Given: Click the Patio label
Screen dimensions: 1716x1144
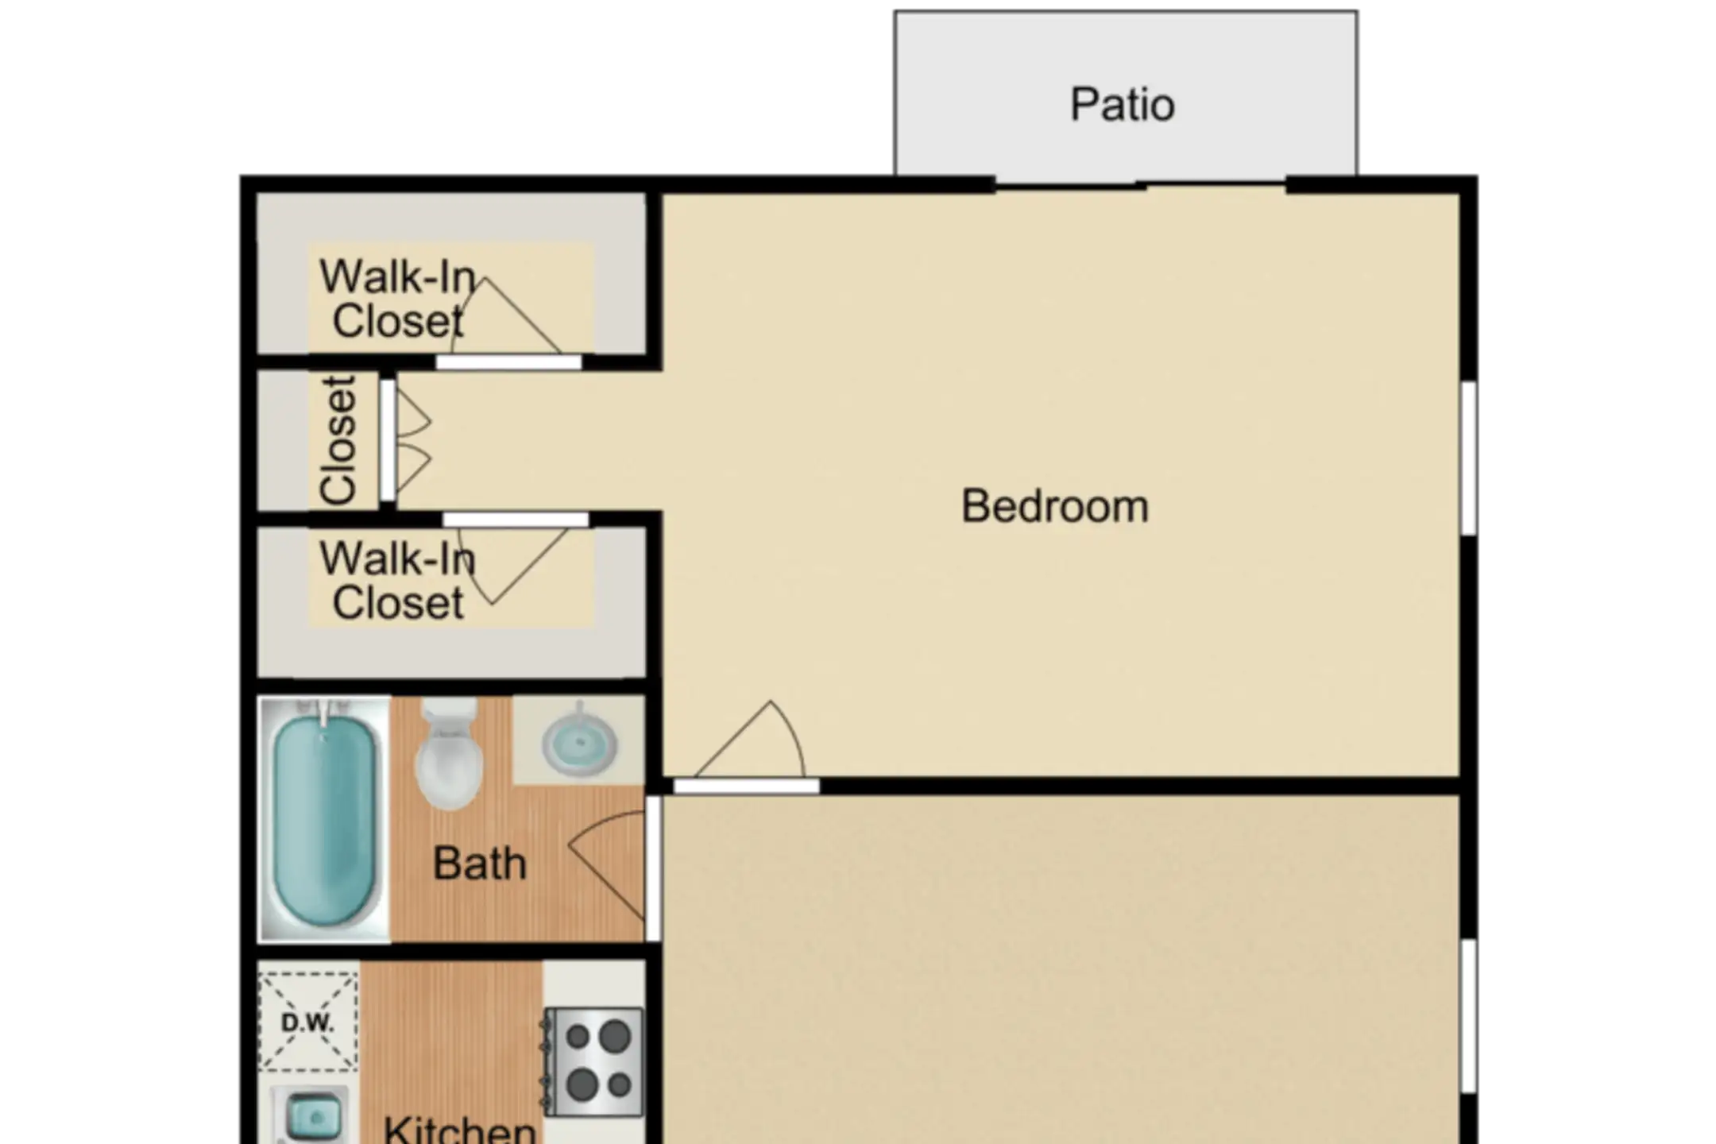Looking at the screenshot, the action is [1123, 105].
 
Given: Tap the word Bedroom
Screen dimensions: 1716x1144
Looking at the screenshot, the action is [1055, 506].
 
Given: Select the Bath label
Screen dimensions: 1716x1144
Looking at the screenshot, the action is [479, 864].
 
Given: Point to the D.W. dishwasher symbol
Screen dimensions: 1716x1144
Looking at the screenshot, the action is [308, 1022].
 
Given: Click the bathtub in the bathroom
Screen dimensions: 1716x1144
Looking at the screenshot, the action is [324, 819].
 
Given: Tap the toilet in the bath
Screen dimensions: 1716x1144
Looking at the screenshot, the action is [449, 754].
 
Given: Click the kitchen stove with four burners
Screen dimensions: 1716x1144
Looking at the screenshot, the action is [593, 1061].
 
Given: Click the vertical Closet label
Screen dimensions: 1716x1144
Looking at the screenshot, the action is [338, 440].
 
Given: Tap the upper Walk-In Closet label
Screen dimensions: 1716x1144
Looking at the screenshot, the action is [397, 299].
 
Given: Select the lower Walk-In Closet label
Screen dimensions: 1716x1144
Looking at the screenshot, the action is [397, 581].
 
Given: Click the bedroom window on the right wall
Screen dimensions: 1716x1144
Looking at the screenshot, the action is [1469, 458].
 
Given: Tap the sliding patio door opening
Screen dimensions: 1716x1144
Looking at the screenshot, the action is [1140, 185].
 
